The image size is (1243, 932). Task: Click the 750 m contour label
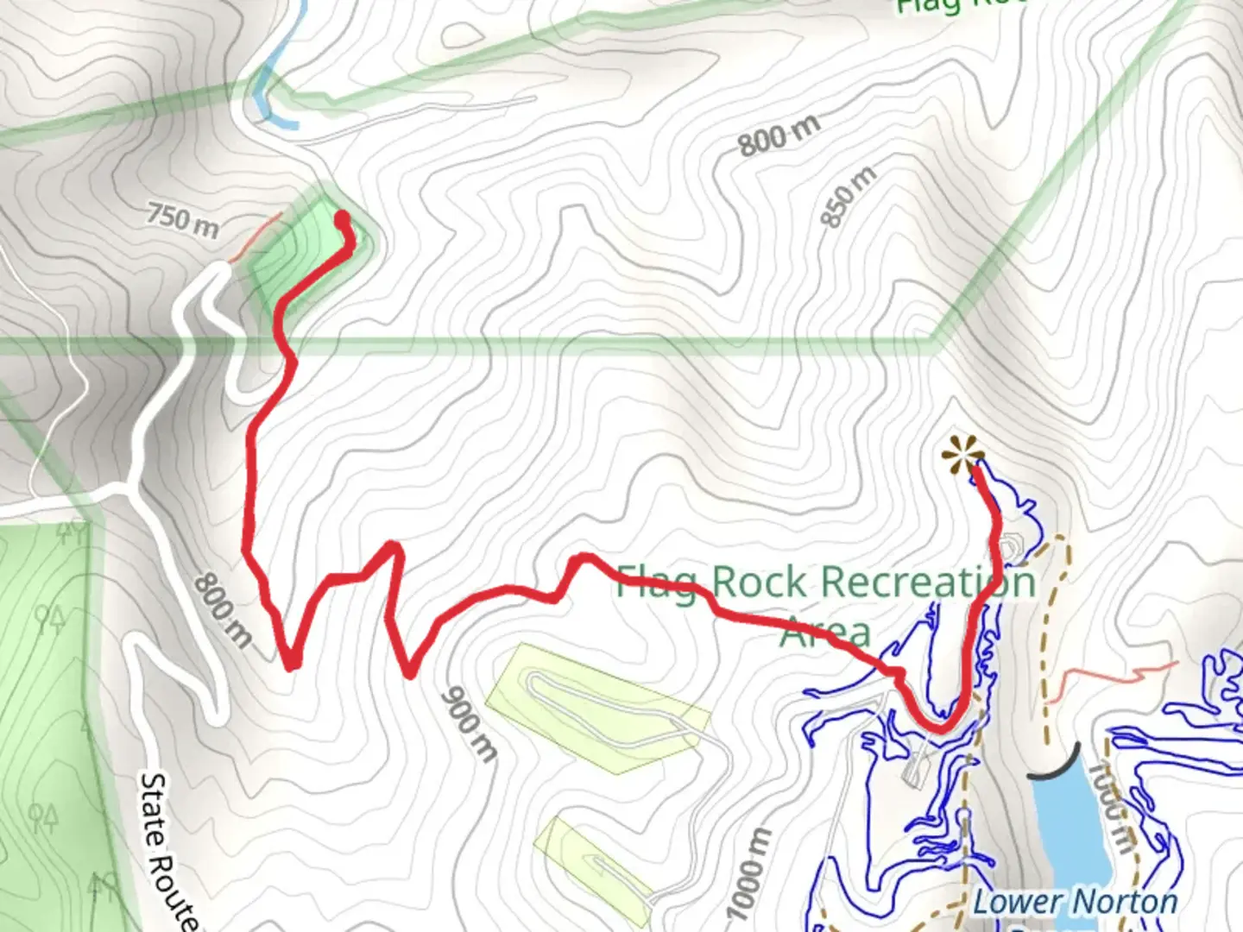point(182,218)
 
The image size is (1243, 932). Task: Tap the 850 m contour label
point(848,198)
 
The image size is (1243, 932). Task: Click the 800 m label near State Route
point(223,610)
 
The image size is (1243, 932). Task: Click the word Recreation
point(872,582)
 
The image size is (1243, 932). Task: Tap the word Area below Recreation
point(825,633)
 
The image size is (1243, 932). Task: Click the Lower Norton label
point(1076,903)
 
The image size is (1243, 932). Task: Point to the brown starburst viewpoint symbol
point(962,454)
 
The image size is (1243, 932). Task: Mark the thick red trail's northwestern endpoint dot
point(342,217)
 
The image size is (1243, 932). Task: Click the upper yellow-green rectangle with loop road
point(596,708)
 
